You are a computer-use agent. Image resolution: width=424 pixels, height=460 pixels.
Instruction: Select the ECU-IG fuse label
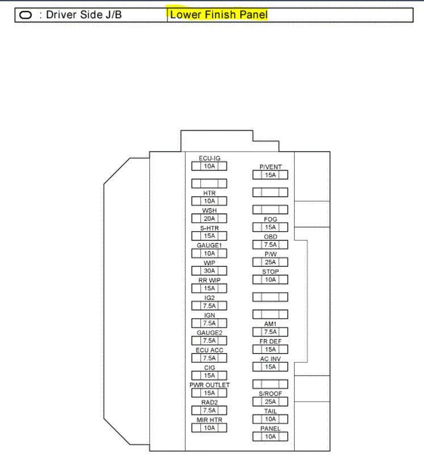tap(209, 158)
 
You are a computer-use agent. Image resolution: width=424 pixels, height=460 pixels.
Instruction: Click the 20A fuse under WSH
tap(209, 218)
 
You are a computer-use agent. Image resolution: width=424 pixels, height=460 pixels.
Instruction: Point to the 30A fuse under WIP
tap(209, 271)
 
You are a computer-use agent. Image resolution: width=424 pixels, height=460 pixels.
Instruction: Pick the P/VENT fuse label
tap(271, 167)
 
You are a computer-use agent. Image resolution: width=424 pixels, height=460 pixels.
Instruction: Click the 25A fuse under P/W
tap(271, 262)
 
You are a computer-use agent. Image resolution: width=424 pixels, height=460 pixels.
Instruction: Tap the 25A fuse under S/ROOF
tap(271, 402)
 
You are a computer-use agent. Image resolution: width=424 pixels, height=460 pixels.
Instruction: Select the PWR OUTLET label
tap(209, 385)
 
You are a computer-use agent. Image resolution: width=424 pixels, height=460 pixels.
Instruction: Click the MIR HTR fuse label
tap(209, 420)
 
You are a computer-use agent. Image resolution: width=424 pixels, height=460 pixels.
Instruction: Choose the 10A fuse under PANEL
tap(271, 437)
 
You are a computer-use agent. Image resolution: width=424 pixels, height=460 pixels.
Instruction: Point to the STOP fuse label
tap(271, 272)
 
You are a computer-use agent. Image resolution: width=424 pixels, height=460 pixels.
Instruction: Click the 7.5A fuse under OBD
tap(271, 245)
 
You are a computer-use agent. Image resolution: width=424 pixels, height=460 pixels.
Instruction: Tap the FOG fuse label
tap(271, 219)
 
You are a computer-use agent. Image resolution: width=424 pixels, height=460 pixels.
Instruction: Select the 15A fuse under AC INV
tap(271, 367)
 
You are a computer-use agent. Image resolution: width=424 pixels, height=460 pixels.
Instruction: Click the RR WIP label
tap(209, 280)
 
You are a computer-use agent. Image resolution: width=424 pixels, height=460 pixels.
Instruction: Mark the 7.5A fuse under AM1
tap(271, 332)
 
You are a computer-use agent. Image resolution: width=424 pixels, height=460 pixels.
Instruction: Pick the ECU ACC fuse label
tap(209, 350)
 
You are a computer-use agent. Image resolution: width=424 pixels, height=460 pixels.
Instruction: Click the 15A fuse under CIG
tap(209, 375)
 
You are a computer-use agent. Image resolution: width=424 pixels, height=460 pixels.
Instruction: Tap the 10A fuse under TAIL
tap(271, 419)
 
